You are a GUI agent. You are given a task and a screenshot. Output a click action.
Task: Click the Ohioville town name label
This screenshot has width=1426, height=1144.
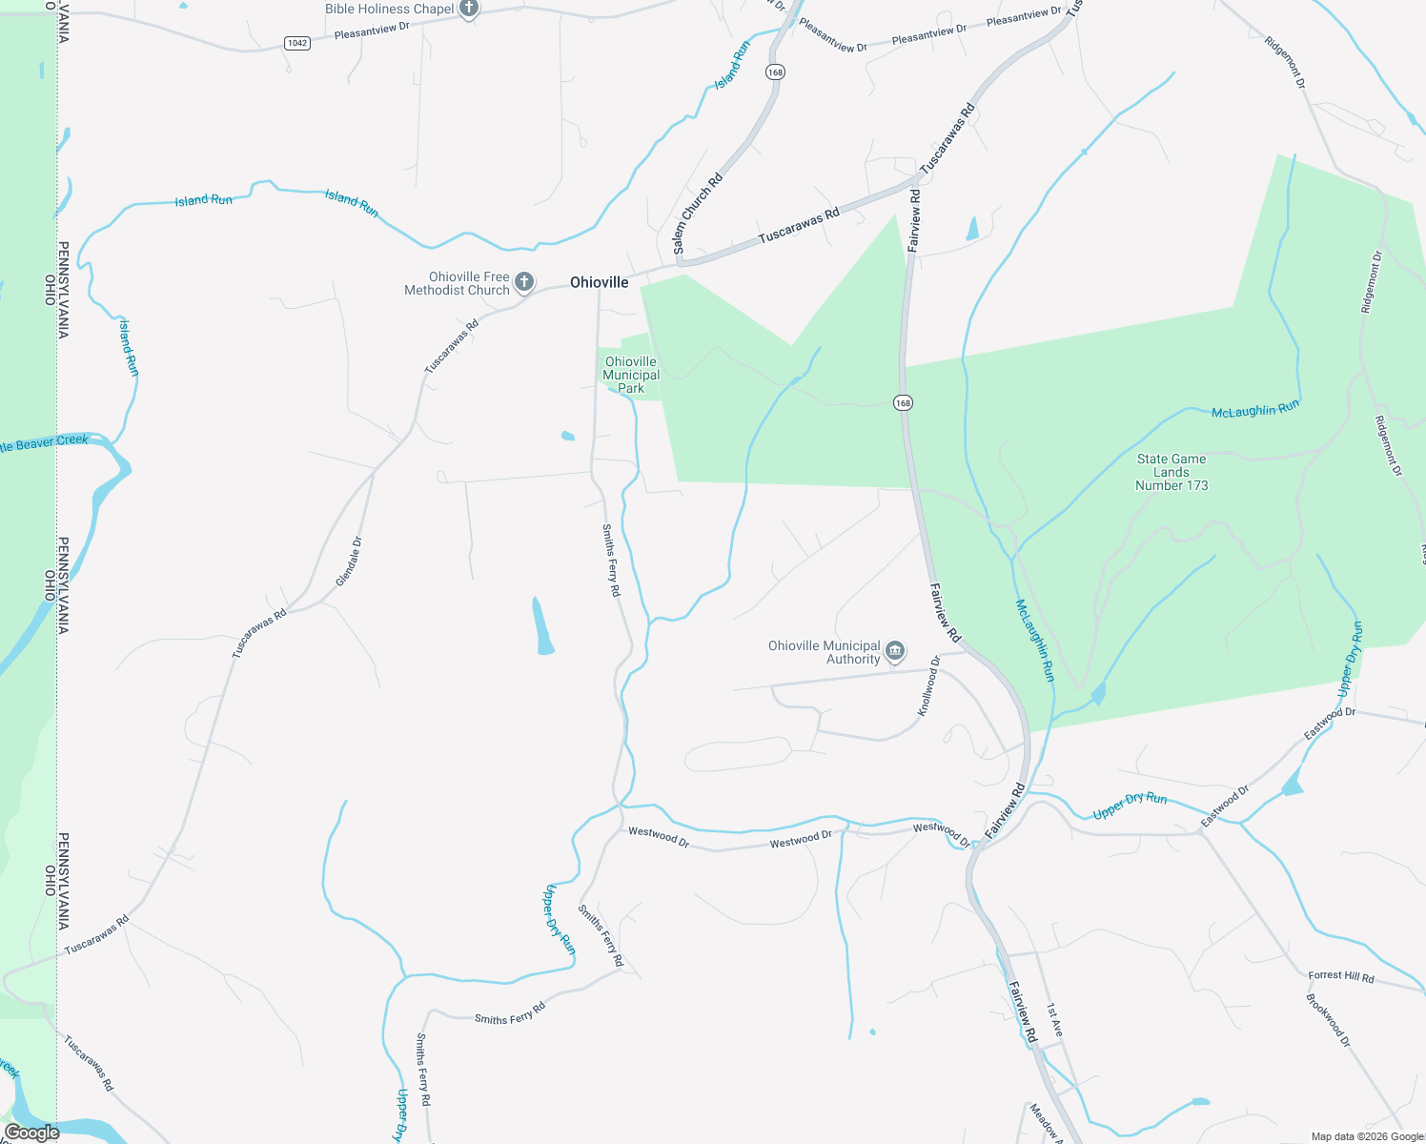click(599, 282)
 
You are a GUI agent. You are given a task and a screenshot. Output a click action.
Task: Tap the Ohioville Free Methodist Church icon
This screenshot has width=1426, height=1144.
click(523, 282)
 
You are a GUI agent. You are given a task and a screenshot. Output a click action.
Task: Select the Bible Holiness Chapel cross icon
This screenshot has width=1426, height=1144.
click(468, 10)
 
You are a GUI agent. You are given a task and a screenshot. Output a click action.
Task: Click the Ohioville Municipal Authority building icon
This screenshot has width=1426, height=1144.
click(894, 652)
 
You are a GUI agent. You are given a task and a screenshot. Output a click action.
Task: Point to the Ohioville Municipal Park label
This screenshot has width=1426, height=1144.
click(631, 375)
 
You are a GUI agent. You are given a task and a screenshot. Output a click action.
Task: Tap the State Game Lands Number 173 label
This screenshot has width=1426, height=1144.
click(1171, 472)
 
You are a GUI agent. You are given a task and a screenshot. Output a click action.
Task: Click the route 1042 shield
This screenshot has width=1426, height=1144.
click(297, 43)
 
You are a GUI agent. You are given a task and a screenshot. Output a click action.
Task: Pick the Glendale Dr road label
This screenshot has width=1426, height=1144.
click(349, 562)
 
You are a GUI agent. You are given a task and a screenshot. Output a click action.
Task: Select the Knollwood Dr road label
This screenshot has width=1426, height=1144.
click(928, 685)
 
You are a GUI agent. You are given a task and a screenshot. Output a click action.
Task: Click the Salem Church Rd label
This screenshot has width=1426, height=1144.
click(698, 213)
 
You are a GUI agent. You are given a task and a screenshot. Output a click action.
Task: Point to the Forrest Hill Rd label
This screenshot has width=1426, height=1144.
click(1340, 976)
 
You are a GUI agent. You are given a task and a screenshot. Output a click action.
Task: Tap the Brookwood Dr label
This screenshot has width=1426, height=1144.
click(1328, 1021)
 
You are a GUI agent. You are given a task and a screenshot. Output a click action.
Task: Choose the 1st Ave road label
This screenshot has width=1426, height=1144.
click(1054, 1020)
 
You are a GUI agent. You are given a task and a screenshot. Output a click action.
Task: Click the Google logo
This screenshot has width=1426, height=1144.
click(31, 1133)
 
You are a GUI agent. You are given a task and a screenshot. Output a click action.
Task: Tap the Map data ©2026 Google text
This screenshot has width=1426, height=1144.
click(1367, 1136)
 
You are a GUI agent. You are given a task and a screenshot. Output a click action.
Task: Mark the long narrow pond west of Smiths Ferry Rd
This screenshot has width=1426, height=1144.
click(542, 627)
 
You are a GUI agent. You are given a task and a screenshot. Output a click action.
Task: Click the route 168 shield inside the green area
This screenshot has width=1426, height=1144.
click(903, 402)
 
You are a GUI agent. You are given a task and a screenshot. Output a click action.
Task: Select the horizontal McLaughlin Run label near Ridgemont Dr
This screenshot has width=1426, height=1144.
click(1254, 410)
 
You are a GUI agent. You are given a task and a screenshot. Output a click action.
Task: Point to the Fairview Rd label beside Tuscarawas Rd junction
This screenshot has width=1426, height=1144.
click(914, 220)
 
